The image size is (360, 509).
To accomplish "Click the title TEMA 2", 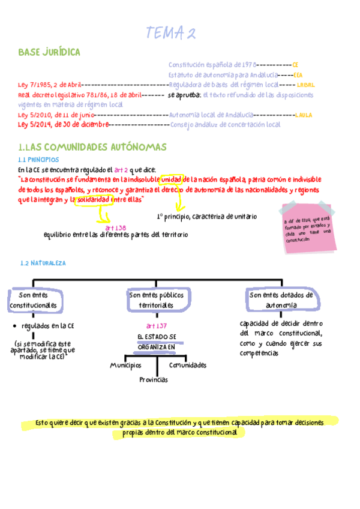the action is pos(172,34).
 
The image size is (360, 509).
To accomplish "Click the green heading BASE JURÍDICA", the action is pos(49,53).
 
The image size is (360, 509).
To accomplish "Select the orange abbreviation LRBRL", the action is pos(305,85).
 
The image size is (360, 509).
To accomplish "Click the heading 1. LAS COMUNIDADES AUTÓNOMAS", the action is pos(92,147).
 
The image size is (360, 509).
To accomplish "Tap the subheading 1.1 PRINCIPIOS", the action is pos(38,160).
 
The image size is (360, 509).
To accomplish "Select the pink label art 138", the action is pos(115,227).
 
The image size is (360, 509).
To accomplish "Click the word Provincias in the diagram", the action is pos(154,379).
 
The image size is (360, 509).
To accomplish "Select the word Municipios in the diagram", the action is pos(125,364).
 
